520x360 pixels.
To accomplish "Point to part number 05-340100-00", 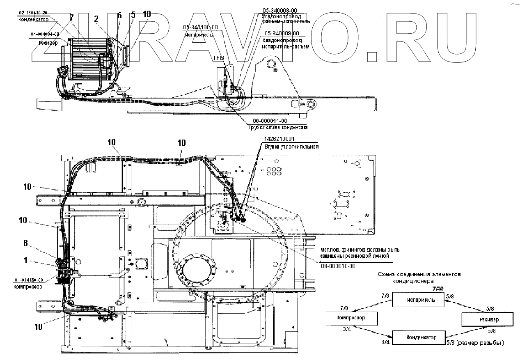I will (202, 28).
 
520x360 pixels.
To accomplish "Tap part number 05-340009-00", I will (282, 33).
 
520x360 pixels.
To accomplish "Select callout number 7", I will (71, 18).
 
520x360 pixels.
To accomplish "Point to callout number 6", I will (119, 15).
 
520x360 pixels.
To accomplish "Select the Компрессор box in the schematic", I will (351, 318).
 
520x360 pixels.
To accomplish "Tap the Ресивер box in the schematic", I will (488, 319).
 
